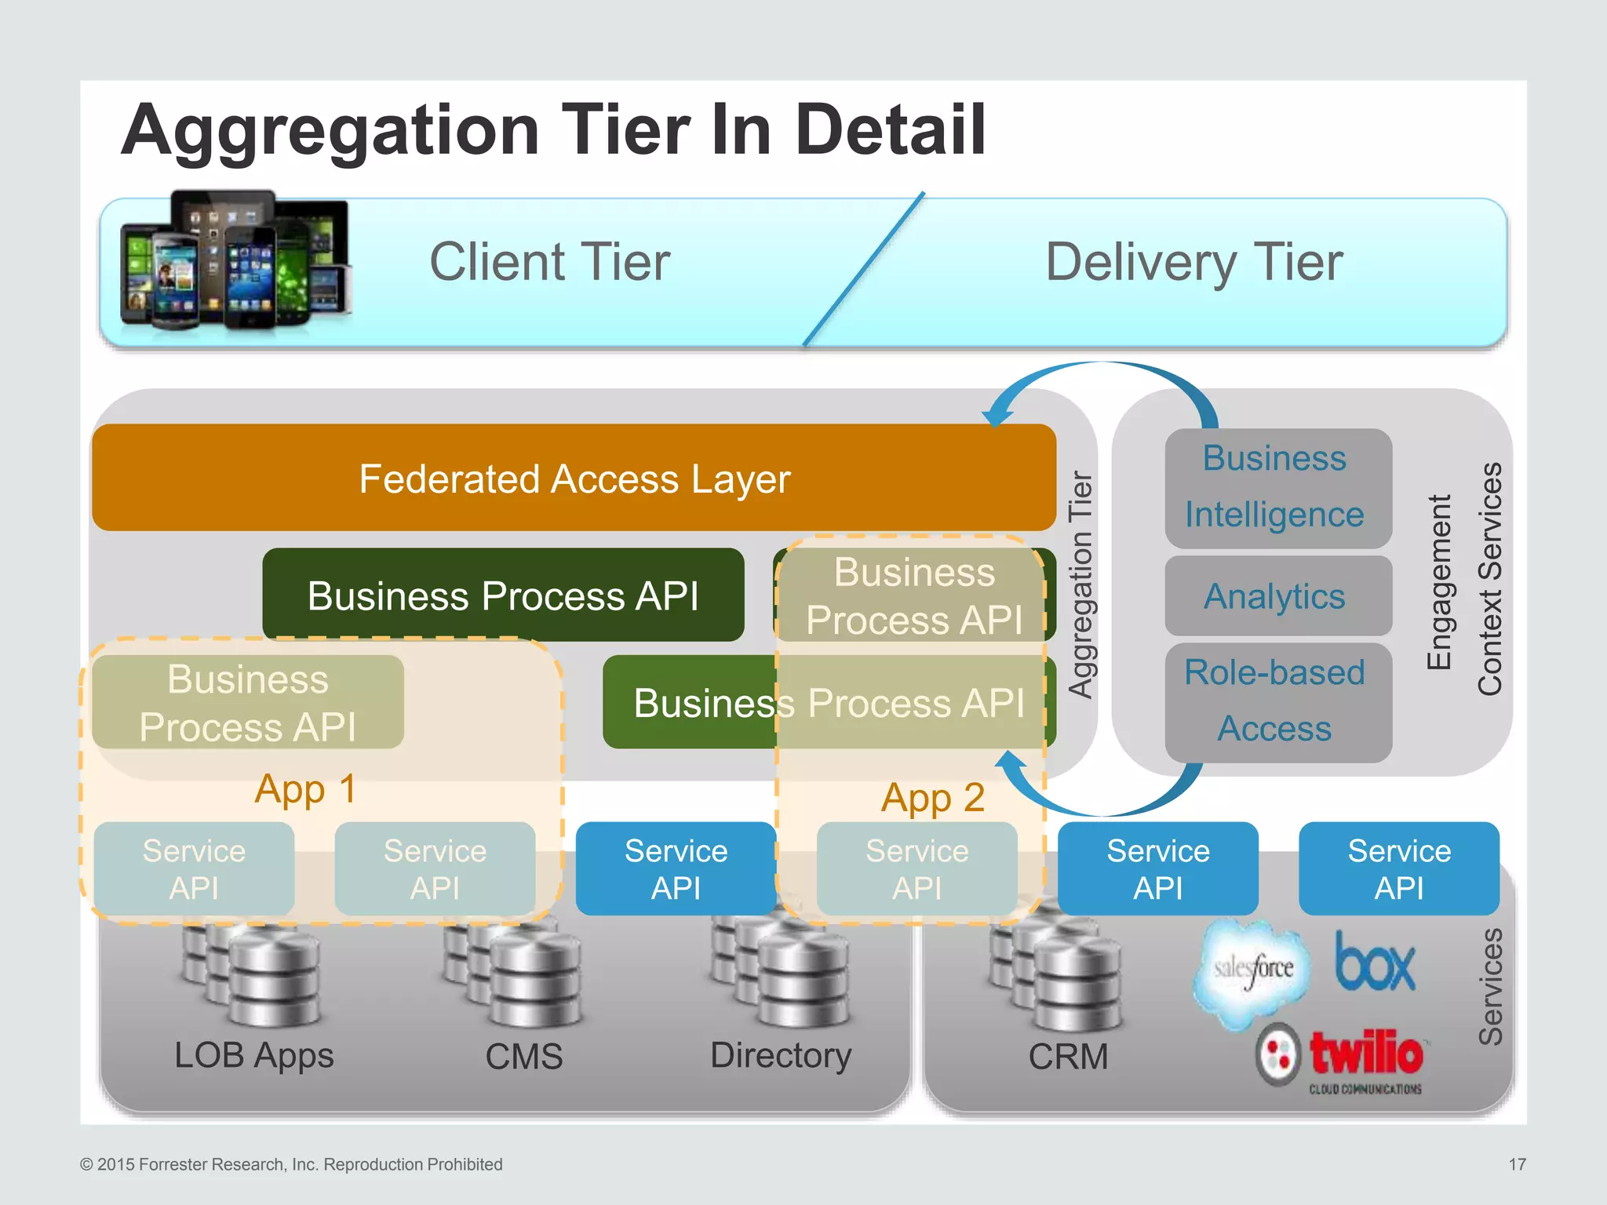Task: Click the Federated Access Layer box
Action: pyautogui.click(x=574, y=479)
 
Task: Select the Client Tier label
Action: pyautogui.click(x=549, y=262)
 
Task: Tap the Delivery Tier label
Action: pyautogui.click(x=1193, y=262)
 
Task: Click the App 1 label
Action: pyautogui.click(x=305, y=789)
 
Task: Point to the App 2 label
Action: pyautogui.click(x=932, y=799)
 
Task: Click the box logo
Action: pyautogui.click(x=1375, y=963)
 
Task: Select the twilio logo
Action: pyautogui.click(x=1343, y=1057)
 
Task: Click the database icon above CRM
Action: pyautogui.click(x=1055, y=977)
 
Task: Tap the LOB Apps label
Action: pyautogui.click(x=253, y=1056)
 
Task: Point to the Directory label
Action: pyautogui.click(x=780, y=1056)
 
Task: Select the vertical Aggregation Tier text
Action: pyautogui.click(x=1080, y=584)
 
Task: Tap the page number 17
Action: pyautogui.click(x=1517, y=1164)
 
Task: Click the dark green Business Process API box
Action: pyautogui.click(x=503, y=595)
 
